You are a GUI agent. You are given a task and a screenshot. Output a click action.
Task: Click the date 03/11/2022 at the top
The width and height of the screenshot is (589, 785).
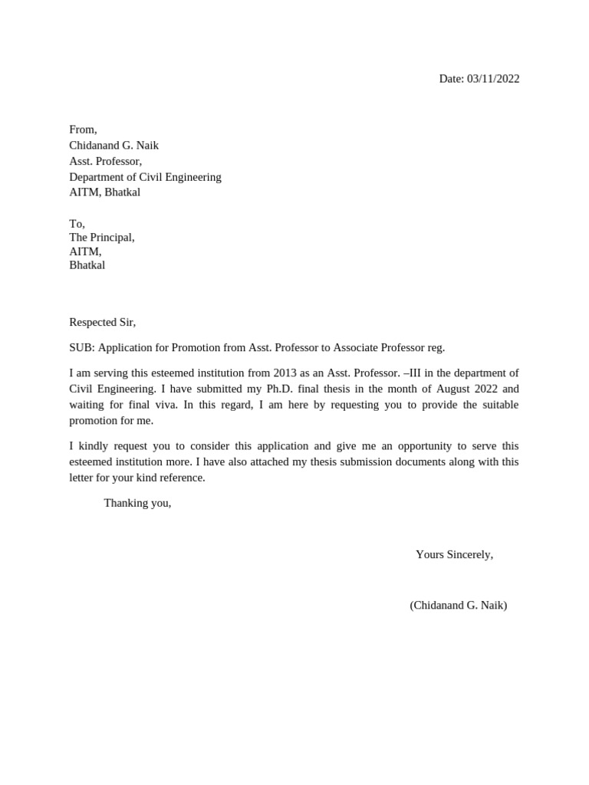[x=493, y=79]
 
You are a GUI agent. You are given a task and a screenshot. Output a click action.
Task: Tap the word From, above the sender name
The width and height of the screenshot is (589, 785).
[x=83, y=130]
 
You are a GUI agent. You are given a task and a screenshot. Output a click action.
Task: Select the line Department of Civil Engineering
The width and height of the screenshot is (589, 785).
[x=145, y=177]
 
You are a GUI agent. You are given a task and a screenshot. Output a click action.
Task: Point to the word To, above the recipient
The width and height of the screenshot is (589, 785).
[x=77, y=224]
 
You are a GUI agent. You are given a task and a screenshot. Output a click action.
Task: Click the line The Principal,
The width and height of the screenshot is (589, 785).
[x=101, y=238]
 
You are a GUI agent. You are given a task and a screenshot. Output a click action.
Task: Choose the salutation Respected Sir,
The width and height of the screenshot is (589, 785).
[x=102, y=323]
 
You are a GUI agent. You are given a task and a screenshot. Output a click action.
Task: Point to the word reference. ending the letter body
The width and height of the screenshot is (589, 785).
[x=183, y=478]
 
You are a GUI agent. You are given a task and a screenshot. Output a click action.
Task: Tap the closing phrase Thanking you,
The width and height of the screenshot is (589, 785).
[x=137, y=504]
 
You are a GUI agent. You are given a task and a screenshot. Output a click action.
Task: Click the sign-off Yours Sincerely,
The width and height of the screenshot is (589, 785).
[x=454, y=554]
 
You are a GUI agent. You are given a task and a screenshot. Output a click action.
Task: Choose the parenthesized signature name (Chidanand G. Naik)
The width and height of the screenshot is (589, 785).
[x=458, y=606]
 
